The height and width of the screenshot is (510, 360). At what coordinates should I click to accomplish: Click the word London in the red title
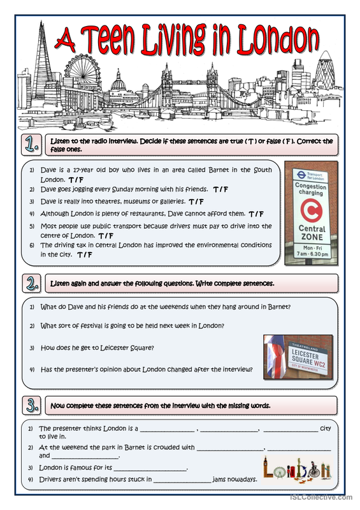pos(278,40)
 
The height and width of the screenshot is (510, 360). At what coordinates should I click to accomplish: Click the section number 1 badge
pos(32,145)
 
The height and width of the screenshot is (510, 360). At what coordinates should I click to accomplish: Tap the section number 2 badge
pos(32,283)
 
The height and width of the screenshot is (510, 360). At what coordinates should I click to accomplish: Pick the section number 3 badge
pos(32,405)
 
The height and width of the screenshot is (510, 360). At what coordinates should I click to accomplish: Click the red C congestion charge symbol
pos(311,210)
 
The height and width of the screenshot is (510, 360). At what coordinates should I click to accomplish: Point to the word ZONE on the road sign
pos(312,237)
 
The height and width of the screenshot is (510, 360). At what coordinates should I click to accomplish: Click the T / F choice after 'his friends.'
pos(221,189)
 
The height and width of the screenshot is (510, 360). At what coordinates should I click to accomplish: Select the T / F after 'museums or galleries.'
pos(196,201)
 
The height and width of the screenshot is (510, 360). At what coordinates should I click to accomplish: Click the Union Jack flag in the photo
pos(275,357)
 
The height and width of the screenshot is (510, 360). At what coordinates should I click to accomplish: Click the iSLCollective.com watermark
pos(321,497)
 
